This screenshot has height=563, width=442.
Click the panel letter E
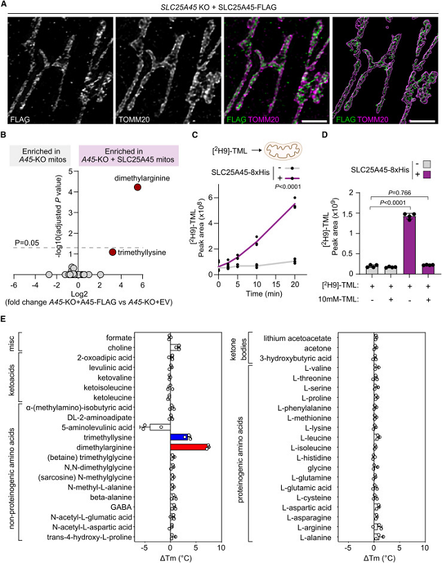5,320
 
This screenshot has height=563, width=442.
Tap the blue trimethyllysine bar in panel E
180,437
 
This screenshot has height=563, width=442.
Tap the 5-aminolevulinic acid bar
159,427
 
